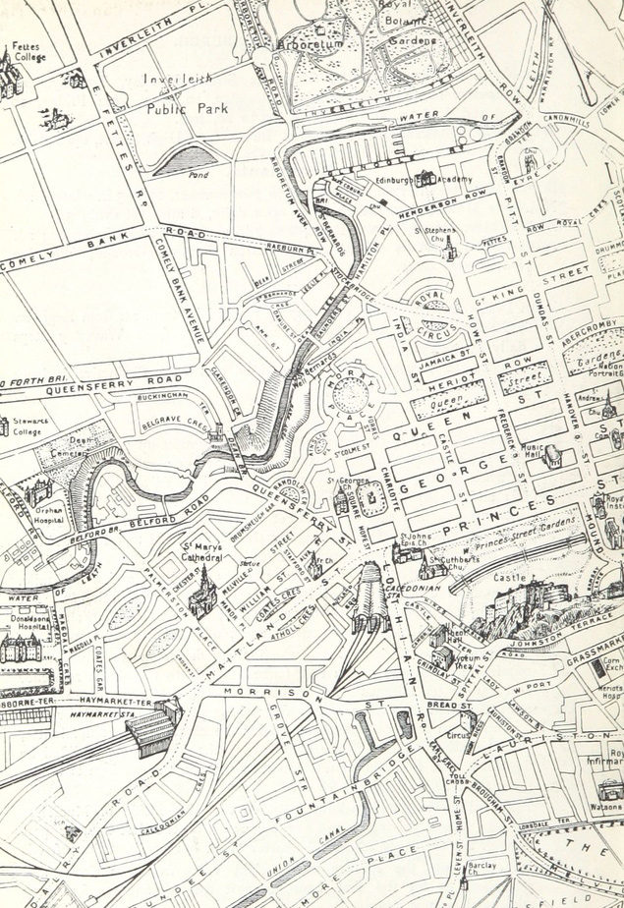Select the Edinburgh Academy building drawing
426,179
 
